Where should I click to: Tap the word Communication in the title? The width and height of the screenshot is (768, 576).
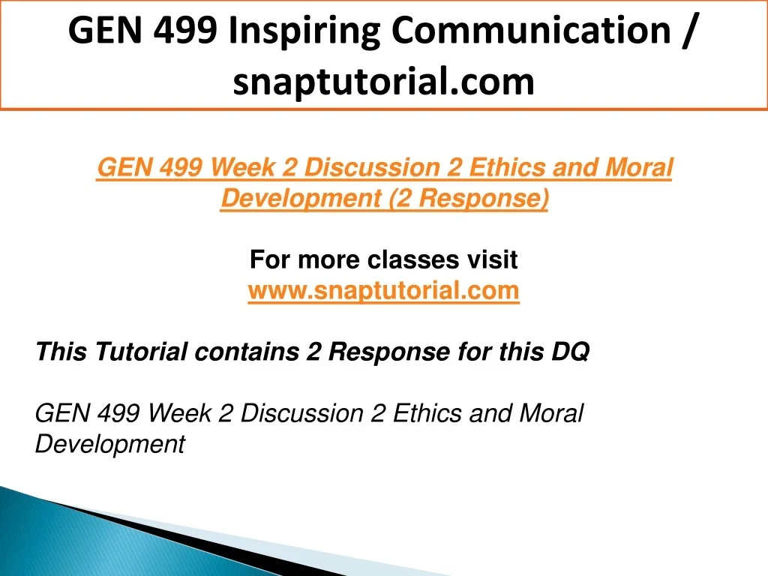click(x=531, y=30)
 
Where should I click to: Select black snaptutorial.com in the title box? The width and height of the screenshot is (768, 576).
click(x=383, y=82)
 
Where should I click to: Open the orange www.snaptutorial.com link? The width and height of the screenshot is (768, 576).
click(x=383, y=290)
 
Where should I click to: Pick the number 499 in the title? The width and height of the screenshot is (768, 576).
click(x=185, y=30)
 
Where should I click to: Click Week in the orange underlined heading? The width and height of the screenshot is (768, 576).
click(x=243, y=167)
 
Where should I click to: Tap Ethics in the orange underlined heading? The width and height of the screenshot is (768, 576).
click(x=507, y=167)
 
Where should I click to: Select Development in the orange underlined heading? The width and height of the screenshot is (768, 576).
click(x=301, y=198)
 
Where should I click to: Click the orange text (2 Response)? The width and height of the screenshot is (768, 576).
click(x=469, y=198)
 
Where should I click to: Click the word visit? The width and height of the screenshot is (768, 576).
click(x=492, y=259)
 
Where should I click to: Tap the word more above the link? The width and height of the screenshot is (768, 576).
click(x=328, y=260)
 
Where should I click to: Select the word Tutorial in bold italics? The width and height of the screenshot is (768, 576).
click(x=140, y=352)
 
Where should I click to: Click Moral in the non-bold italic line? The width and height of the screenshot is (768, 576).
click(x=550, y=413)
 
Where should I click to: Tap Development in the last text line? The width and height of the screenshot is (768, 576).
click(x=110, y=444)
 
